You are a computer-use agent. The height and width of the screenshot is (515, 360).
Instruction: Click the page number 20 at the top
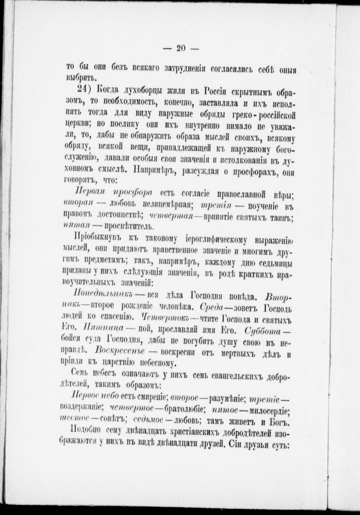[x=181, y=48]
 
